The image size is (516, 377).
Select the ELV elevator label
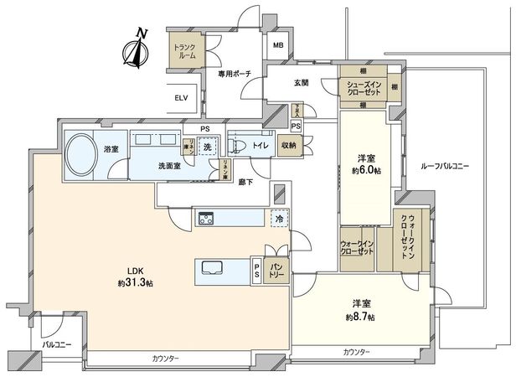pos(181,97)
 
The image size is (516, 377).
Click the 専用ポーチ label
pos(237,75)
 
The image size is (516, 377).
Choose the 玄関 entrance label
pos(302,82)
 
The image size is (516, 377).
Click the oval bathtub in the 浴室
pos(83,153)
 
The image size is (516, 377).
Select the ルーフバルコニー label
pos(444,167)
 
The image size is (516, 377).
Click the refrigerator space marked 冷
pos(277,219)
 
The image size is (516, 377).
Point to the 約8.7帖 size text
pos(362,318)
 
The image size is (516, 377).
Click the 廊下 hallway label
pos(246,181)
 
